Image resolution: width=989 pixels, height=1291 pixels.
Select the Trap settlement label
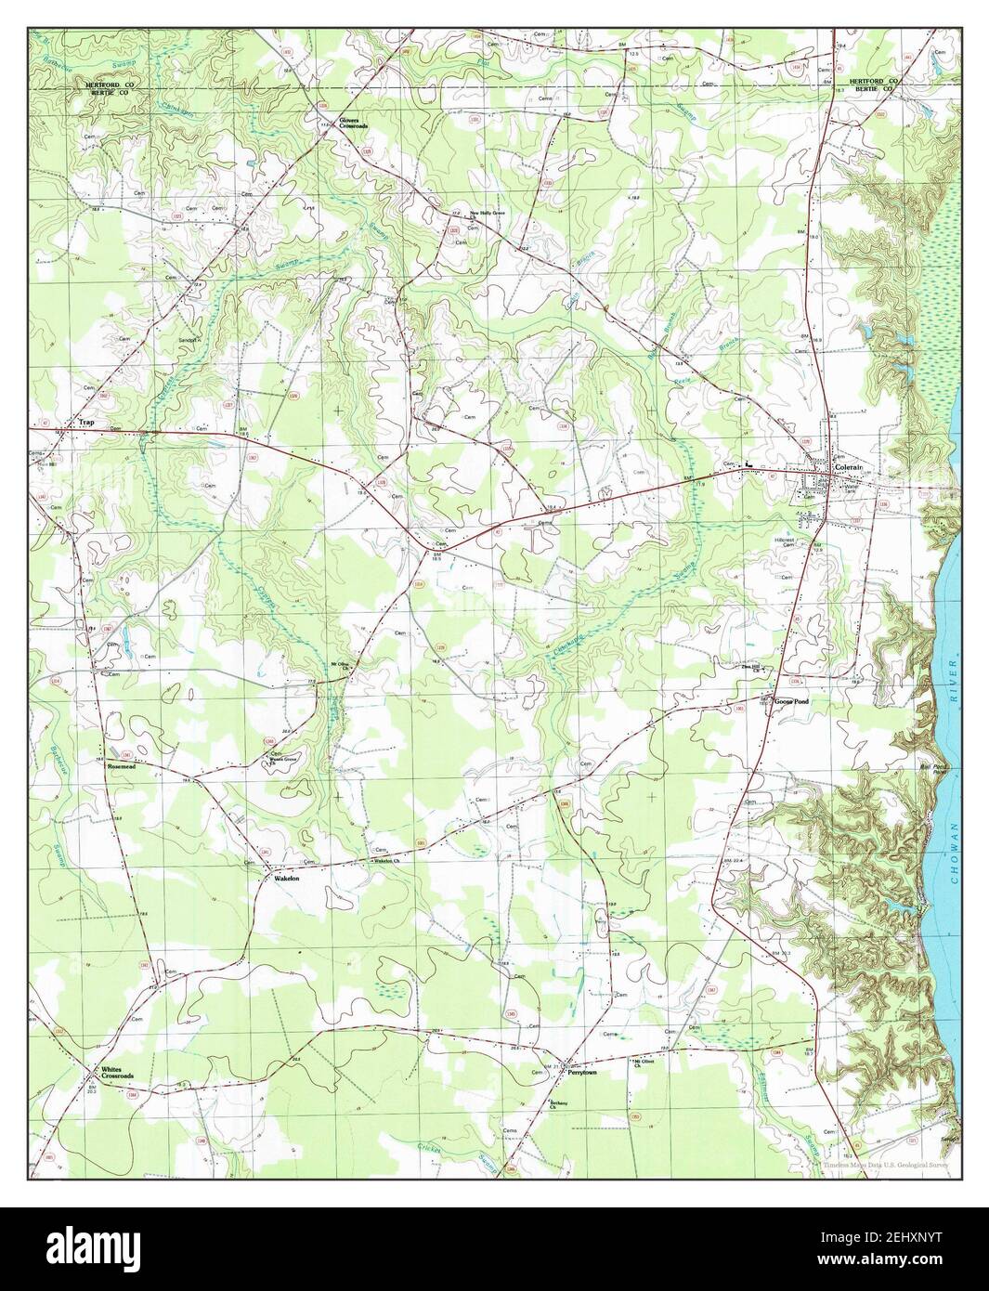pyautogui.click(x=86, y=424)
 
